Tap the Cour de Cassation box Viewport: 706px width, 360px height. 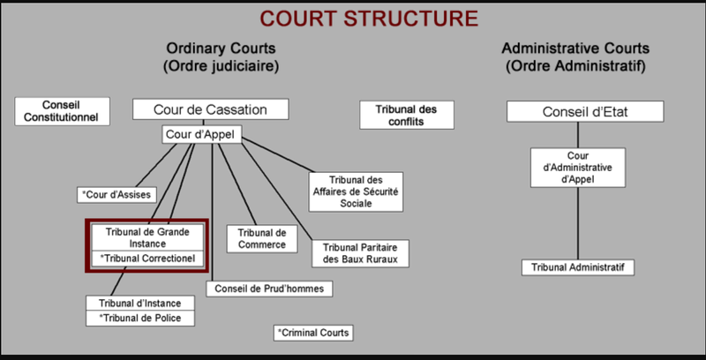[212, 109]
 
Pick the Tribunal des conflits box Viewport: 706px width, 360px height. [407, 116]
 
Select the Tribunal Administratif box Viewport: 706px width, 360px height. [578, 266]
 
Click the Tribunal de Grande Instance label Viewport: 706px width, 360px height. [148, 236]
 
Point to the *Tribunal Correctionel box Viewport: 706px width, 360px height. [148, 259]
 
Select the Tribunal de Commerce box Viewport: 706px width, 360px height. [262, 238]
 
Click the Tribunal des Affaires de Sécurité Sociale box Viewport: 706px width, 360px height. [355, 191]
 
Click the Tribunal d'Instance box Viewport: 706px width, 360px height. [139, 303]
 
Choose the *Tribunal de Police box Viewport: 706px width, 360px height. [139, 318]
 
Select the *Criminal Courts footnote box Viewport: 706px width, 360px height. [313, 333]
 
